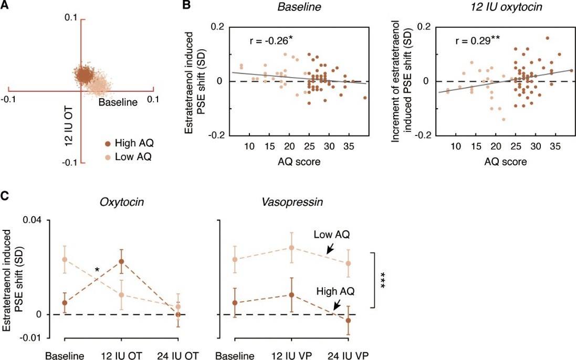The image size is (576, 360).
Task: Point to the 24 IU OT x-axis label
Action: pos(179,355)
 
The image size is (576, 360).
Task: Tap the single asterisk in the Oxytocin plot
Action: pos(97,270)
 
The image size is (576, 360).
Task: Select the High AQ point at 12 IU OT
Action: pos(121,261)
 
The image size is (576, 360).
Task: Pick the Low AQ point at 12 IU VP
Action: pos(292,247)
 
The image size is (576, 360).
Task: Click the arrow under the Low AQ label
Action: pos(330,250)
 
